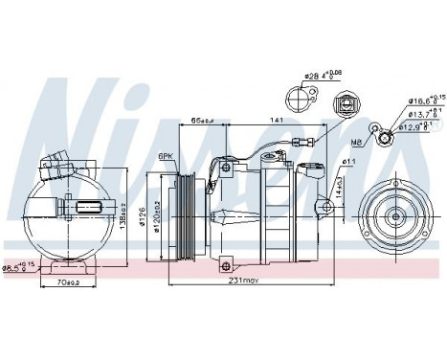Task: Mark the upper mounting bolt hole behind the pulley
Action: coord(225,169)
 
